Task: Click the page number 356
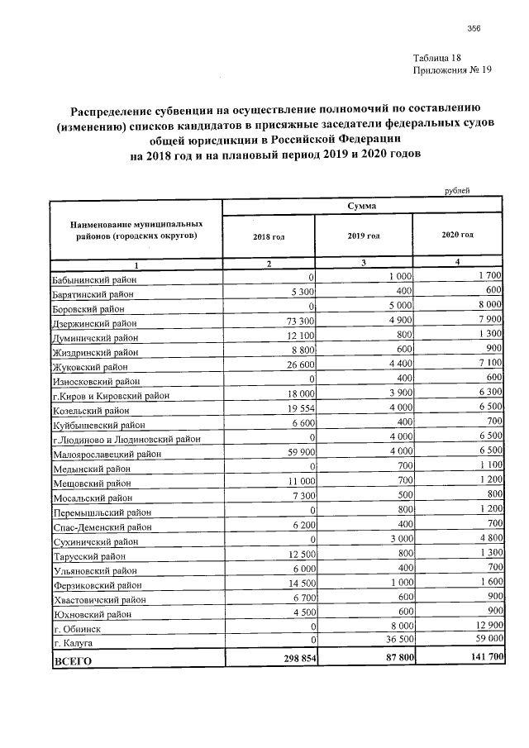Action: (x=474, y=30)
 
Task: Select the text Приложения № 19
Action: (x=451, y=71)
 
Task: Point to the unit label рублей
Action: (x=457, y=191)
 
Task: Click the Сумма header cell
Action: (x=363, y=205)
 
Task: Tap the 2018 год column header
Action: (x=269, y=236)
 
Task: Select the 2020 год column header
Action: (x=457, y=235)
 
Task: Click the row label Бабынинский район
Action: (x=92, y=280)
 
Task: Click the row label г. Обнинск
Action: (x=74, y=628)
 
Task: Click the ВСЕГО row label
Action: (x=72, y=660)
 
